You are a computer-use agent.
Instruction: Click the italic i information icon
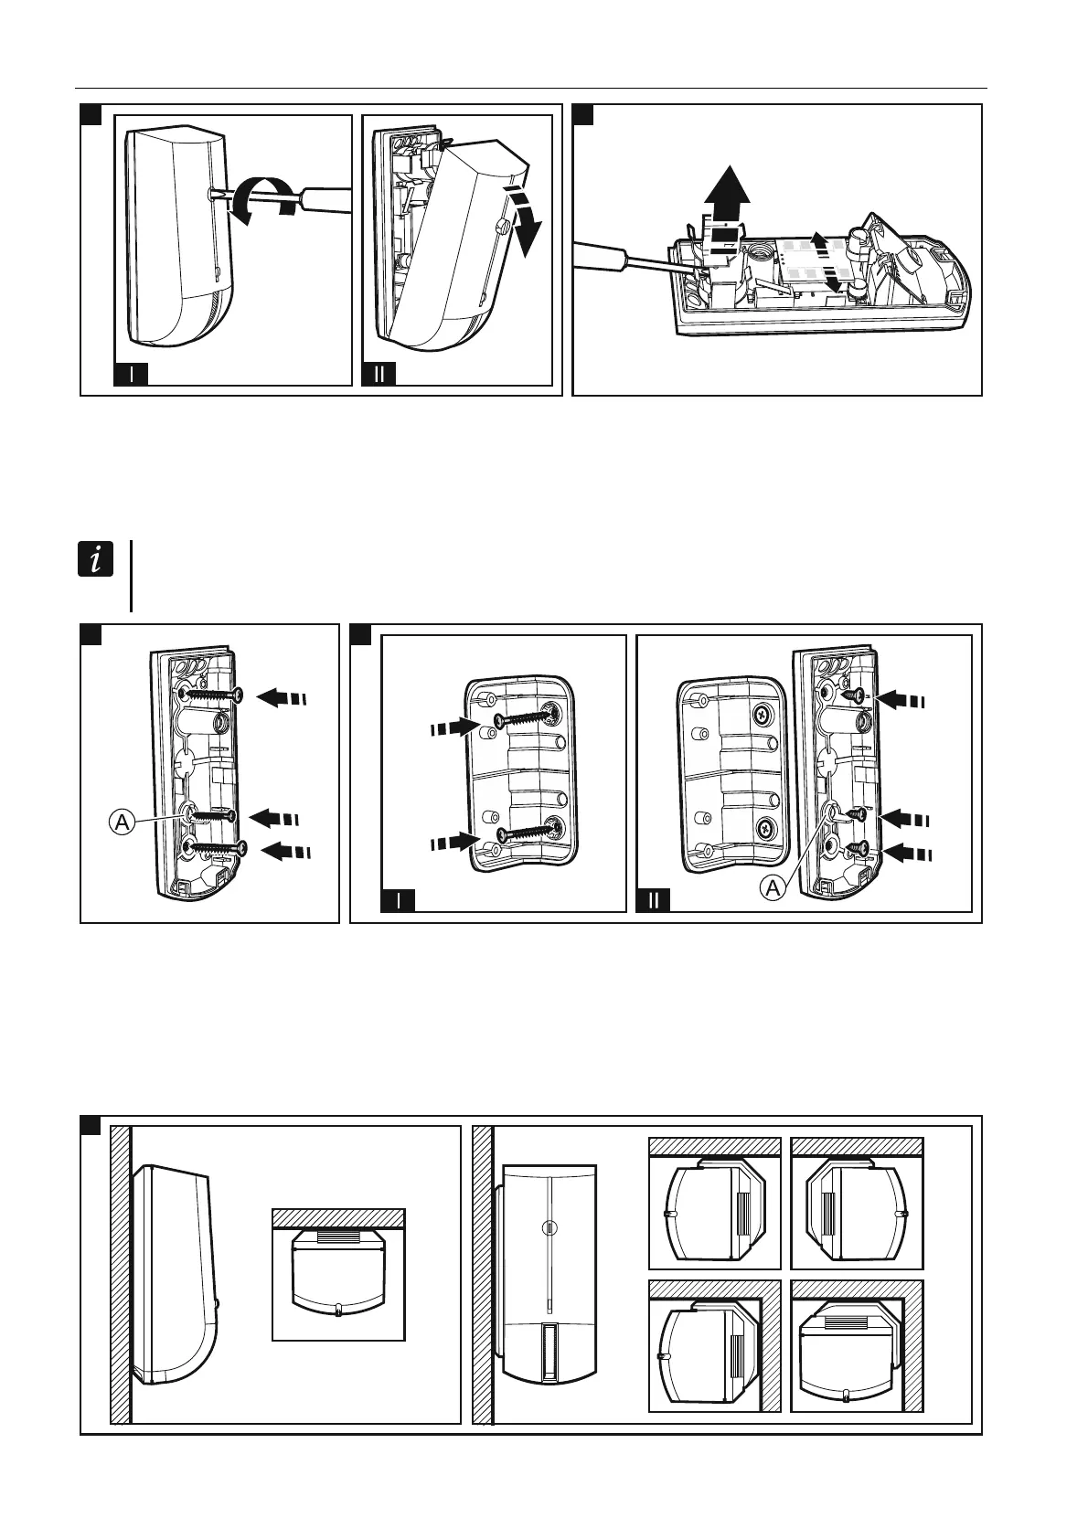[96, 558]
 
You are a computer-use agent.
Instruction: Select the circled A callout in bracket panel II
[773, 887]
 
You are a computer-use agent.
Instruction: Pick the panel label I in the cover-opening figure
[132, 375]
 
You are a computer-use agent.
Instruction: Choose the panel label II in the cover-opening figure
[379, 375]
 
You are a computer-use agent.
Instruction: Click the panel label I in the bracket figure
[398, 901]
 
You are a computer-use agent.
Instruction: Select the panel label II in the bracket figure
[653, 901]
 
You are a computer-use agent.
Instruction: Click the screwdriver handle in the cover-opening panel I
[325, 199]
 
